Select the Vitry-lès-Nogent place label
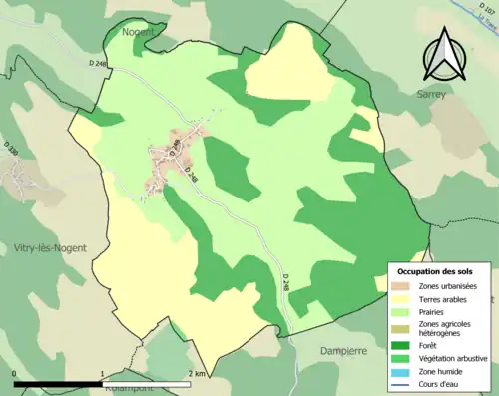click(x=50, y=247)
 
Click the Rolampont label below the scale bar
click(x=118, y=390)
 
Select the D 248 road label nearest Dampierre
click(x=286, y=285)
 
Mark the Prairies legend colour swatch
click(x=403, y=310)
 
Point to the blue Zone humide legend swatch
click(x=403, y=370)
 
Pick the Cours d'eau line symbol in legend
click(x=403, y=382)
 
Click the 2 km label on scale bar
click(x=195, y=373)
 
